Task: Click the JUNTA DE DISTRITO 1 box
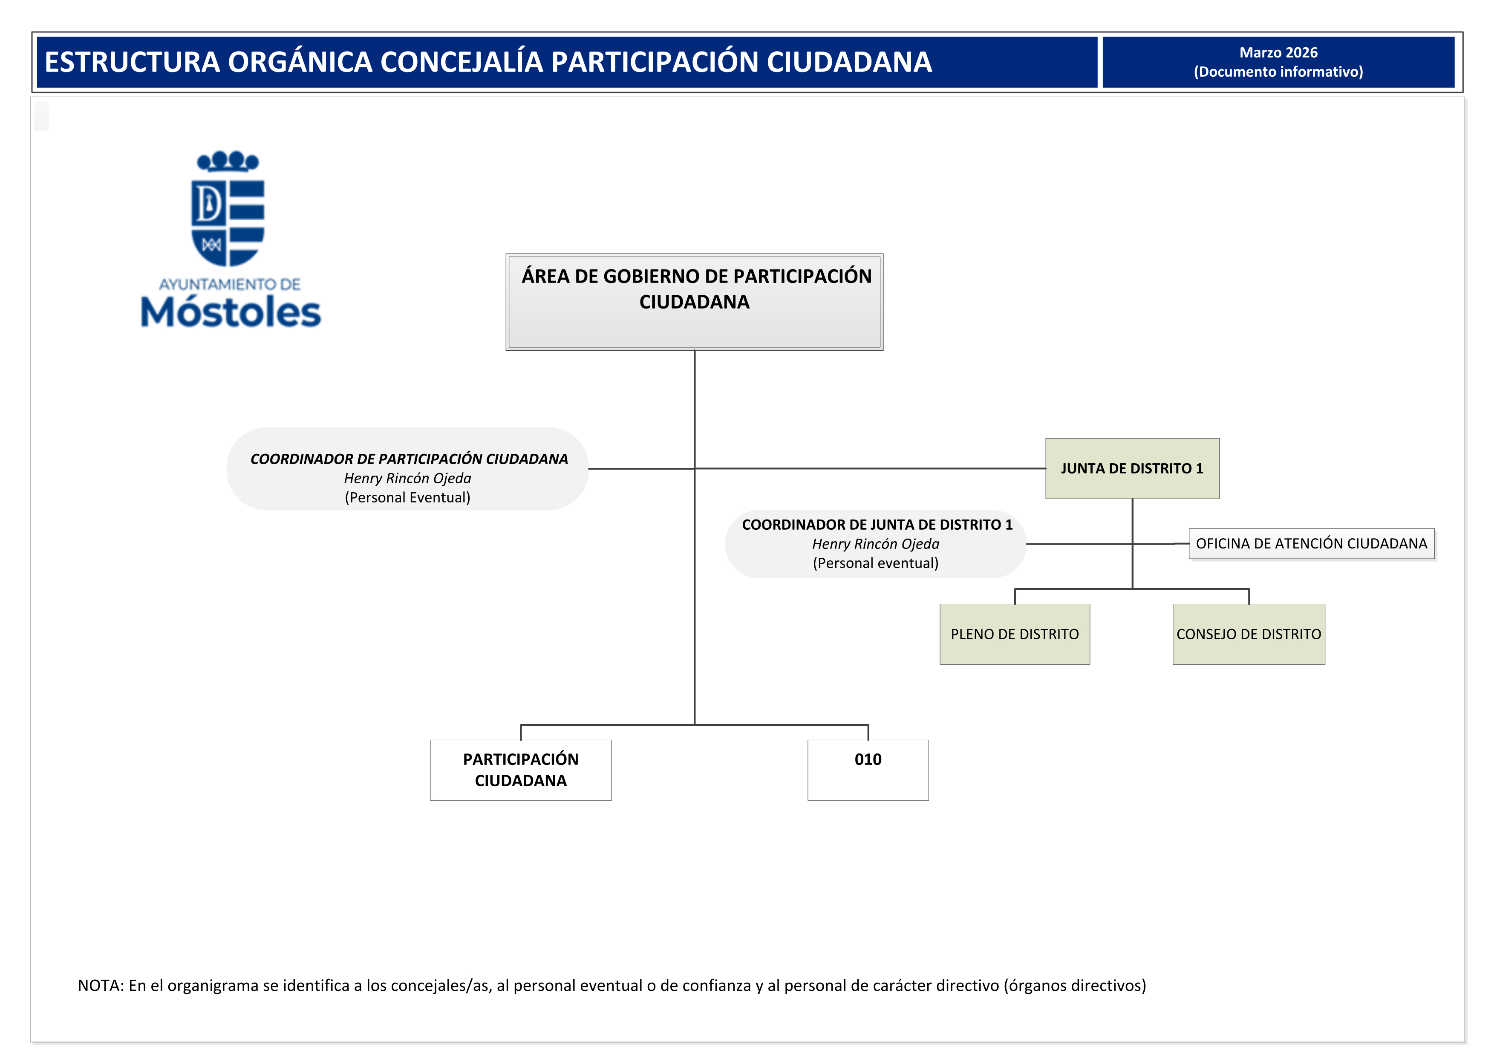pyautogui.click(x=1132, y=468)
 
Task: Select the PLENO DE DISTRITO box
pyautogui.click(x=1015, y=634)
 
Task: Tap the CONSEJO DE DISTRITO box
pyautogui.click(x=1248, y=634)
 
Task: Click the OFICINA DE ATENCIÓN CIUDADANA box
pyautogui.click(x=1311, y=544)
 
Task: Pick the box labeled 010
pyautogui.click(x=868, y=770)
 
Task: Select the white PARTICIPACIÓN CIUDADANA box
pyautogui.click(x=520, y=770)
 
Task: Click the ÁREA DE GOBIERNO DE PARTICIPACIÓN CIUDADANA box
pyautogui.click(x=695, y=302)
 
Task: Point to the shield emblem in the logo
pyautogui.click(x=228, y=222)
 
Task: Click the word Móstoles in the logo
pyautogui.click(x=231, y=312)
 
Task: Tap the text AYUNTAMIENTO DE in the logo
pyautogui.click(x=230, y=284)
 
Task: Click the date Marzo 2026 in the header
pyautogui.click(x=1278, y=53)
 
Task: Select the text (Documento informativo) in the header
pyautogui.click(x=1278, y=72)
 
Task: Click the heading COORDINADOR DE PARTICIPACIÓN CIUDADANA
pyautogui.click(x=409, y=459)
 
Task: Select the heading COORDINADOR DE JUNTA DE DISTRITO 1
pyautogui.click(x=877, y=525)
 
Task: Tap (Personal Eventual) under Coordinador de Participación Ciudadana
pyautogui.click(x=407, y=498)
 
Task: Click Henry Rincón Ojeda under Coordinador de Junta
pyautogui.click(x=876, y=544)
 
